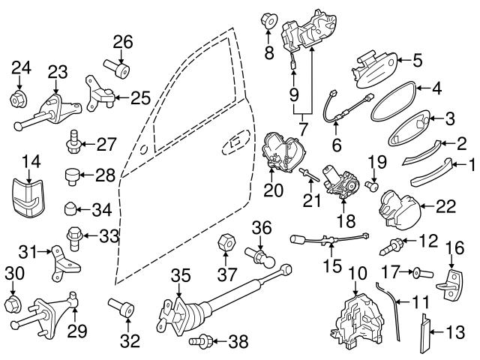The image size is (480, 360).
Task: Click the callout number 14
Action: (30, 160)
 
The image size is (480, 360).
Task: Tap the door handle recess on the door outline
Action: (238, 139)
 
